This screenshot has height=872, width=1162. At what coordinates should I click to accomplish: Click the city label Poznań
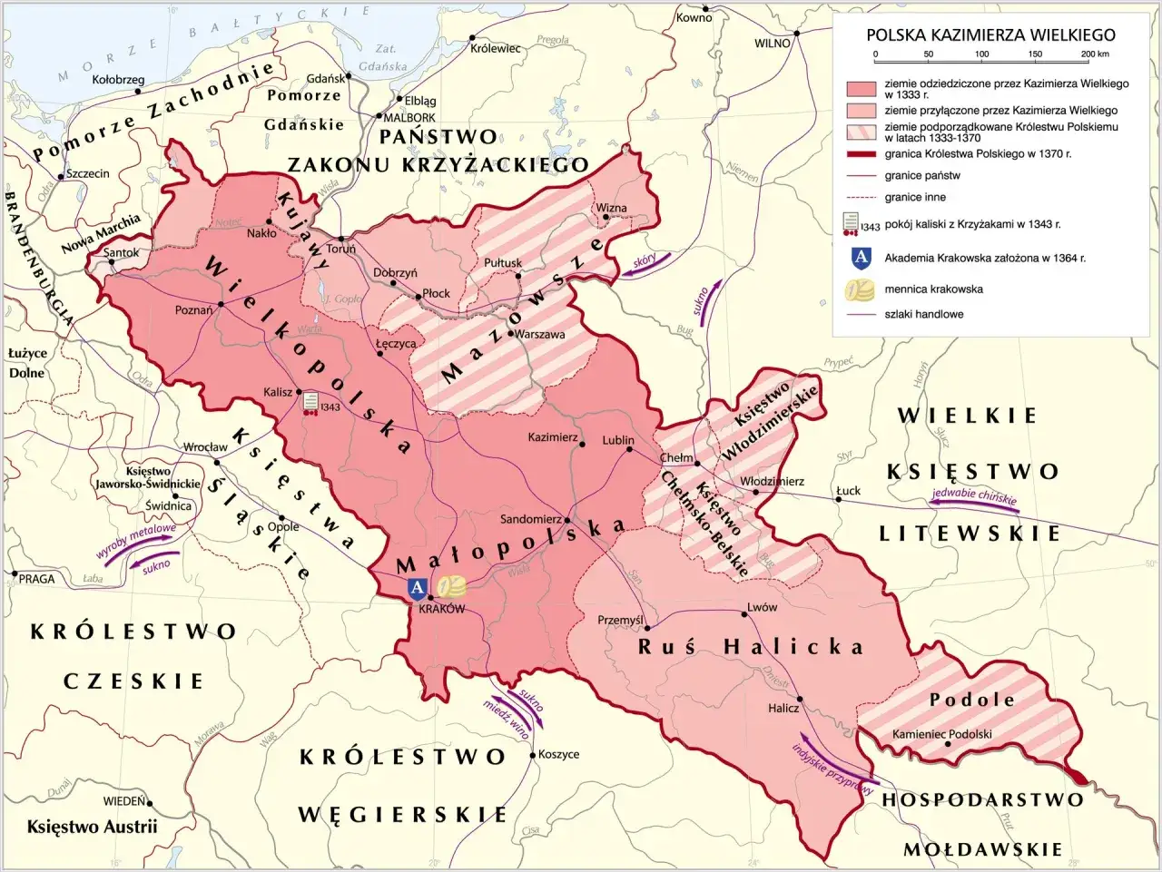[x=193, y=310]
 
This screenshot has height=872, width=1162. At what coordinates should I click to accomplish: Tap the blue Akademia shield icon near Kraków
[x=416, y=588]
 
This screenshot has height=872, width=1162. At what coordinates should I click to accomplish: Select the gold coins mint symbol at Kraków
[x=450, y=587]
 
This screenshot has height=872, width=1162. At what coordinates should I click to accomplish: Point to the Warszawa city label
[x=540, y=334]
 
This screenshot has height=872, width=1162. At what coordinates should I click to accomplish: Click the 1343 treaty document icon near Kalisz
[x=311, y=401]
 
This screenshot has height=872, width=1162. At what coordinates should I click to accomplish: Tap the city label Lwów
[x=762, y=607]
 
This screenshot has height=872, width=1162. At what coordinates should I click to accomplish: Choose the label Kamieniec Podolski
[x=941, y=734]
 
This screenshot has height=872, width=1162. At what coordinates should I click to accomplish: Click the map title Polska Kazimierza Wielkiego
[x=990, y=34]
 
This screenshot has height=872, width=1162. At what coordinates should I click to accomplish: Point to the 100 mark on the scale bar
[x=981, y=54]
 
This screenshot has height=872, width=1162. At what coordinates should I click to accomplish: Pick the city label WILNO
[x=773, y=44]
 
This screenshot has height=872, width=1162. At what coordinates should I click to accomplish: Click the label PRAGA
[x=37, y=579]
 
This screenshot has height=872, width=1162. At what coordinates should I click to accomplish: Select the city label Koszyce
[x=558, y=754]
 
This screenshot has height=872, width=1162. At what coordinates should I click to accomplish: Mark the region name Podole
[x=971, y=700]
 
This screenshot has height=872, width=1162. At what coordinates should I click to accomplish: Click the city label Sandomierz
[x=530, y=519]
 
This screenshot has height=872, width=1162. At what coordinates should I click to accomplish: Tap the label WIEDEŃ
[x=123, y=801]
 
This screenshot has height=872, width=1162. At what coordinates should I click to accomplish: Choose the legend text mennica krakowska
[x=933, y=289]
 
